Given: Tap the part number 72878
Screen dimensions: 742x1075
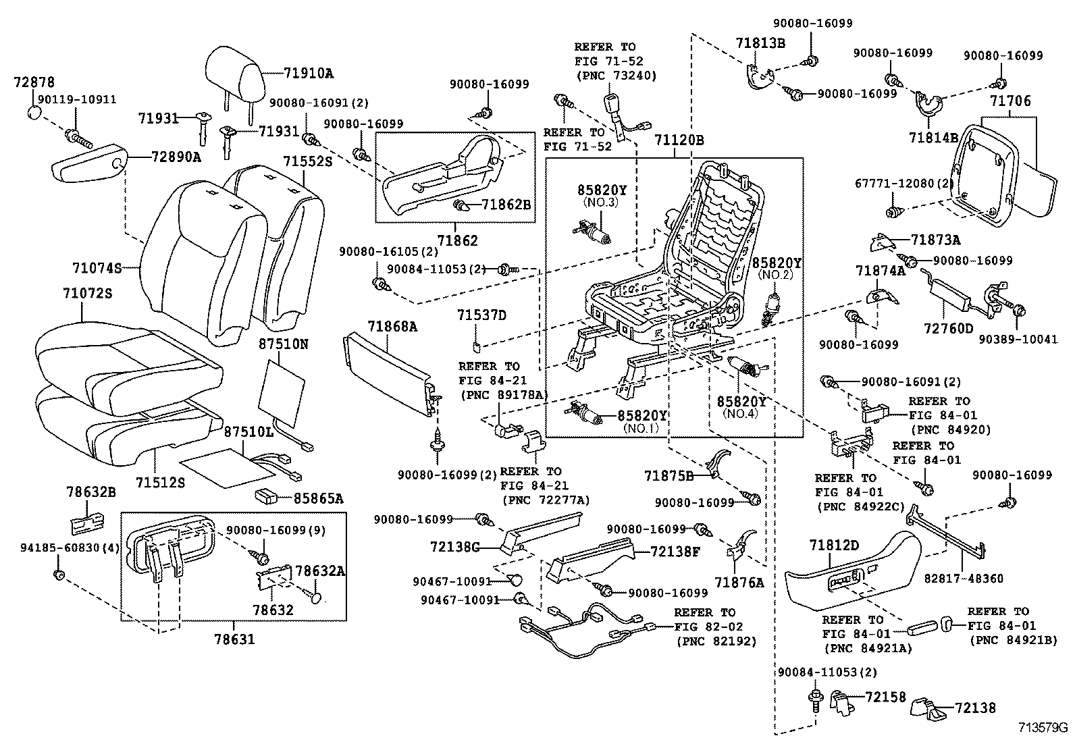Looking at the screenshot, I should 34,82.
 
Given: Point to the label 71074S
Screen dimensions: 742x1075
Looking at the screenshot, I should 97,269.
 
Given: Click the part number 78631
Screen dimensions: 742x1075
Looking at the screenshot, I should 234,638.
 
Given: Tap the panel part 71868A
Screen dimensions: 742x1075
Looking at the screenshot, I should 388,368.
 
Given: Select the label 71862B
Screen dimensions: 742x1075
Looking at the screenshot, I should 506,203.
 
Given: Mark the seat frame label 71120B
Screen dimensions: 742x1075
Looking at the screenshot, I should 679,140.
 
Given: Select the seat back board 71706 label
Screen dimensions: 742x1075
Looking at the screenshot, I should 1010,102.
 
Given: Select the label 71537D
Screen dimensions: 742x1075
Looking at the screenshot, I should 481,315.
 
